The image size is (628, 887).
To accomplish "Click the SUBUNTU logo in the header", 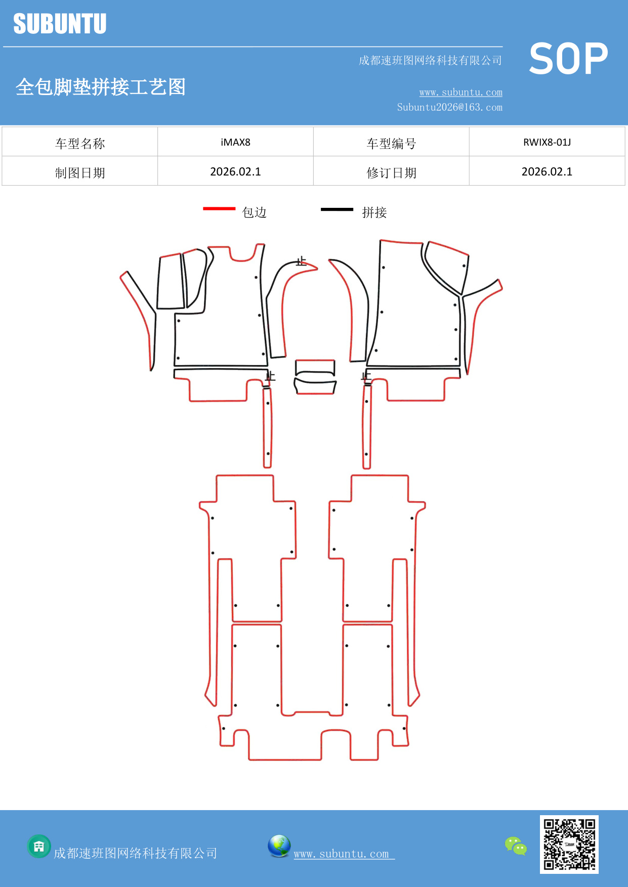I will point(60,24).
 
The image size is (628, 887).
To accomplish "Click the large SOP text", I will point(568,59).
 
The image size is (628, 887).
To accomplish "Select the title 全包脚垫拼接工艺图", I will point(101,87).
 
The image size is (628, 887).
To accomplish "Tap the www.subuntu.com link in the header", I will point(460,92).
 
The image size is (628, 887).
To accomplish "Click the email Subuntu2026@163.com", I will point(449,107).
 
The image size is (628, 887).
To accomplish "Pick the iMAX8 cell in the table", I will point(235,142).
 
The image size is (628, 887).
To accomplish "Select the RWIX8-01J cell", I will point(547,142).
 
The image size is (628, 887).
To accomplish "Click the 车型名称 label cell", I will point(80,143).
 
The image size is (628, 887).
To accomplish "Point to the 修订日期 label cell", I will point(391,172).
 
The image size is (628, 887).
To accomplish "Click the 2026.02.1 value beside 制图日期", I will point(235,171).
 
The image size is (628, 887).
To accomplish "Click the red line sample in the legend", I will point(219,208).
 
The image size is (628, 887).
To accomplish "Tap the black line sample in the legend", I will point(337,209).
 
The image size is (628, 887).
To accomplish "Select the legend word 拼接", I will point(374,212).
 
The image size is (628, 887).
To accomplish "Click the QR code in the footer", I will point(569,844).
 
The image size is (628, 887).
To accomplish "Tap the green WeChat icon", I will point(516,846).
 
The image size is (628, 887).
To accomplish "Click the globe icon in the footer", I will point(279,846).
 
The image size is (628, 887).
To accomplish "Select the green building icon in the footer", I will point(39,846).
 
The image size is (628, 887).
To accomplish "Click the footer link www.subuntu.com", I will point(342,854).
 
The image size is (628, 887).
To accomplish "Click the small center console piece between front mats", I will point(315,377).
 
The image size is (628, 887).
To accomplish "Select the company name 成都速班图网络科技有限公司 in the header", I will point(430,61).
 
